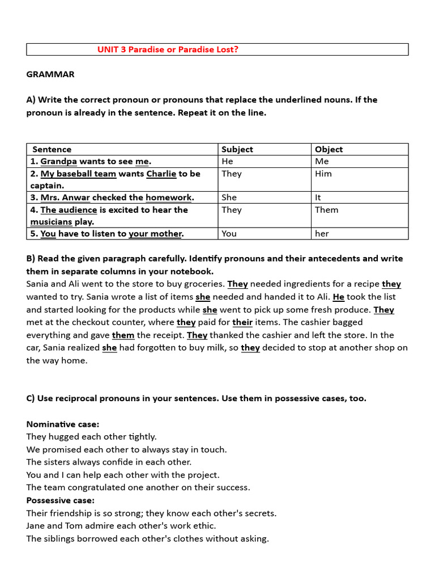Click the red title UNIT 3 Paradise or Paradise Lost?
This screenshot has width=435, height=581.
[168, 49]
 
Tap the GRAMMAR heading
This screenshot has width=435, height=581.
[50, 74]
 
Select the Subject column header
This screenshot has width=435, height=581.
[237, 149]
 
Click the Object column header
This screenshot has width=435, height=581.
[329, 149]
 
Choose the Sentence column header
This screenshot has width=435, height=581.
[52, 149]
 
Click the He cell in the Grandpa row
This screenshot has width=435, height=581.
[227, 161]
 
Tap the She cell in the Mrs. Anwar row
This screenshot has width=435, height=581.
[229, 197]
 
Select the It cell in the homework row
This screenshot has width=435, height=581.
[318, 197]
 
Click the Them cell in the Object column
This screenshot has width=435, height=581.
[326, 210]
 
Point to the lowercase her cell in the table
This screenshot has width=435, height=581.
[322, 234]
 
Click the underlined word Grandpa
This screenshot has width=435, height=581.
[58, 161]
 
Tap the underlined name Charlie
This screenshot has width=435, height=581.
[161, 174]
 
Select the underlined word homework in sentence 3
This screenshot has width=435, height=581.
[169, 197]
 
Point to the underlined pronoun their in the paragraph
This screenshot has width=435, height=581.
[242, 322]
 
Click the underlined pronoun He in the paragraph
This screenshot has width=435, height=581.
[339, 297]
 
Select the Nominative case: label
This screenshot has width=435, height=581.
[62, 424]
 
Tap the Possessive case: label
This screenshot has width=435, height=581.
[61, 500]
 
